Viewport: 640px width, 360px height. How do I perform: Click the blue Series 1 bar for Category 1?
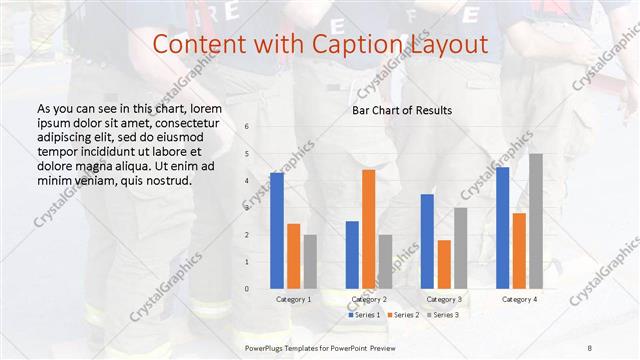tap(277, 230)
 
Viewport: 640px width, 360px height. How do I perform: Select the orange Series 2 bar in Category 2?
tap(368, 229)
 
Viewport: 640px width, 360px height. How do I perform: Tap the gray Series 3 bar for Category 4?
tap(536, 221)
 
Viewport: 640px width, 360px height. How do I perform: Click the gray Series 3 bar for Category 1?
tap(310, 261)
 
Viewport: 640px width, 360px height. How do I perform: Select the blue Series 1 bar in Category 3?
tap(427, 241)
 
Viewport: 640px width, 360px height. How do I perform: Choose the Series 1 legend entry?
tap(365, 315)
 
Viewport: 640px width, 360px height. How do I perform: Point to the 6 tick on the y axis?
tap(247, 127)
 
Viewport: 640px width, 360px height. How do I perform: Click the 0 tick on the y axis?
tap(247, 289)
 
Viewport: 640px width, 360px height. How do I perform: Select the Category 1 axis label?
tap(293, 300)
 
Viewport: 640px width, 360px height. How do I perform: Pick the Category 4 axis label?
tap(519, 300)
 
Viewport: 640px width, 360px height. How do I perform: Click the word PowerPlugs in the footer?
tap(266, 347)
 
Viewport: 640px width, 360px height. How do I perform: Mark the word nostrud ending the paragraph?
tap(165, 180)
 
